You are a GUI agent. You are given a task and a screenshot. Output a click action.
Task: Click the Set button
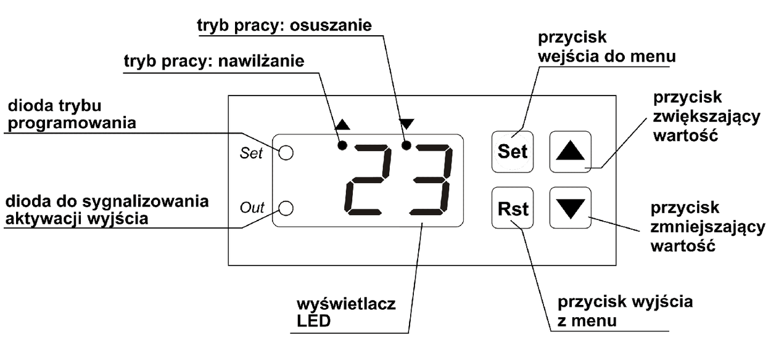point(513,151)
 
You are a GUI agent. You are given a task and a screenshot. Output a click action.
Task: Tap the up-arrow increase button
point(570,151)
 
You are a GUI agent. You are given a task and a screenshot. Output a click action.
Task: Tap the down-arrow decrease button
point(570,208)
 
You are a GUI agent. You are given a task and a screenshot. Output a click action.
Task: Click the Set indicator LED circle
point(286,153)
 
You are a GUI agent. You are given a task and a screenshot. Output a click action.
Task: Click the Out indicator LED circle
point(286,208)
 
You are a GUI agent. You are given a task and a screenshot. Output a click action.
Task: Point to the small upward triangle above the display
point(342,124)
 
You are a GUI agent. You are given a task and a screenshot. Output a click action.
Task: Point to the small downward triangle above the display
point(407,124)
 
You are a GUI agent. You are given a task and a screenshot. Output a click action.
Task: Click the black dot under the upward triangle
point(342,145)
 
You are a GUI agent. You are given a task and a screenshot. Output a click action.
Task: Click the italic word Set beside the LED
point(251,153)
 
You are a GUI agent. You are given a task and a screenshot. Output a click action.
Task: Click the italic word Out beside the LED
point(252,208)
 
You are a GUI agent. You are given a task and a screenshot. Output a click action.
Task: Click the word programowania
point(72,123)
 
